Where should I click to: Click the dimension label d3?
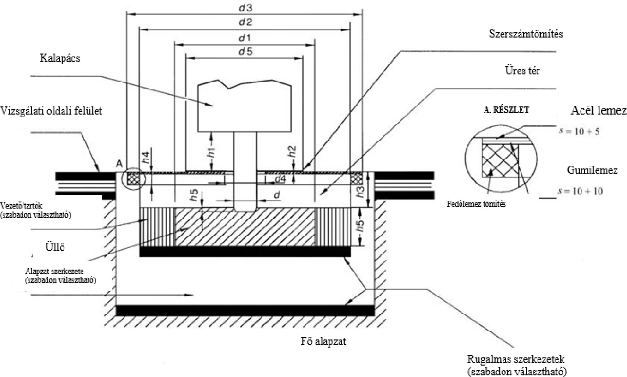click(245, 8)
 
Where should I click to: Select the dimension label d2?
click(245, 22)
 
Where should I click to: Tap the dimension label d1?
click(245, 38)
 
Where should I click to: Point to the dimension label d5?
click(245, 52)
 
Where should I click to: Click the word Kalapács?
click(60, 58)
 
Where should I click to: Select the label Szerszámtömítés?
click(526, 34)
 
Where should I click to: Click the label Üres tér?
click(523, 71)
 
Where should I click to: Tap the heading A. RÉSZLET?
click(506, 110)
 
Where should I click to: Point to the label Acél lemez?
click(599, 111)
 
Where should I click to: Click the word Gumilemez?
click(592, 170)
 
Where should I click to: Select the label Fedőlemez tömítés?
click(476, 204)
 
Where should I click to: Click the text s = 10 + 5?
click(579, 132)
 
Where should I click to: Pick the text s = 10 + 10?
click(580, 191)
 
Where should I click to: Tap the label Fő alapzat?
click(323, 341)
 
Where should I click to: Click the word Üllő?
click(55, 246)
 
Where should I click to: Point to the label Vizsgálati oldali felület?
click(51, 111)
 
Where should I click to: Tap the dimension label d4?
click(280, 179)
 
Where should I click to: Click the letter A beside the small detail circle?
click(119, 164)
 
